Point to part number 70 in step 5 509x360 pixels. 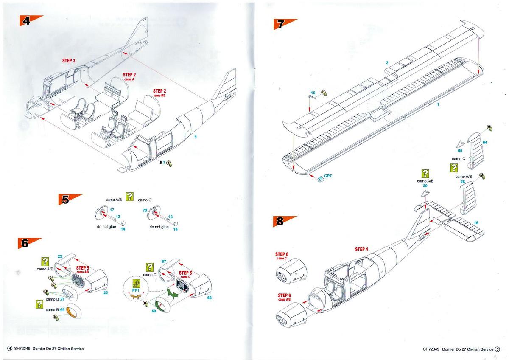(144, 210)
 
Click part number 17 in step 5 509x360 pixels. (112, 210)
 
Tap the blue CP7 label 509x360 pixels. (328, 176)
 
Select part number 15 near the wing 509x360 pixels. (313, 93)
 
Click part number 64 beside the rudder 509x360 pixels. (485, 142)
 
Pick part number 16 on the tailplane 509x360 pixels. (476, 223)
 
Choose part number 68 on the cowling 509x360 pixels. (209, 297)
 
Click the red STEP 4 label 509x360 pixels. (361, 249)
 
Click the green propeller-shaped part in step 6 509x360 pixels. (174, 293)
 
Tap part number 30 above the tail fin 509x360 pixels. (425, 186)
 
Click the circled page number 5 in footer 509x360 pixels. (497, 349)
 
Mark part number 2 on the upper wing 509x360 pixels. (387, 63)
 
